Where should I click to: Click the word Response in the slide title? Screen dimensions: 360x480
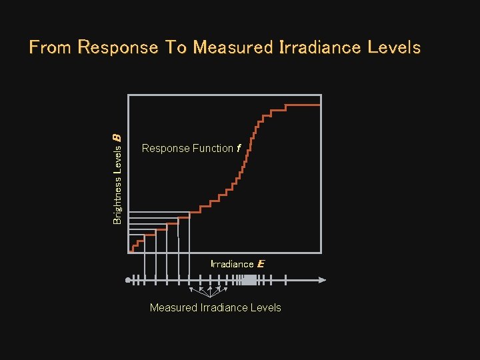117,48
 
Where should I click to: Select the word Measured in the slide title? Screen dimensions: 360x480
233,48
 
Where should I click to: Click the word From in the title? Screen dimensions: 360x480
51,48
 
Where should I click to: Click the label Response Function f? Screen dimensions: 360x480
191,149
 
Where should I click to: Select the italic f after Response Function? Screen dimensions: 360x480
238,149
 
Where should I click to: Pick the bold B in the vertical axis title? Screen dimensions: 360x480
117,137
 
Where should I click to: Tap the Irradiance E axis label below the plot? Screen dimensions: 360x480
237,264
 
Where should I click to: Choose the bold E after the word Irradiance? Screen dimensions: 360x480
261,264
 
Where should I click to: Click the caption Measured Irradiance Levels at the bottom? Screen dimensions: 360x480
215,307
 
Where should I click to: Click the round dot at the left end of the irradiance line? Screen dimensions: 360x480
128,280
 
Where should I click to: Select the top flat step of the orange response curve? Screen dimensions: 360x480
303,105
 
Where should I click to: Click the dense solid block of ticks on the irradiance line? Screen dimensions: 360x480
249,280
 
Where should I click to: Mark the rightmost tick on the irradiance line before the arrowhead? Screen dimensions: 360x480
285,280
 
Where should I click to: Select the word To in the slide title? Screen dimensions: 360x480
175,48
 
